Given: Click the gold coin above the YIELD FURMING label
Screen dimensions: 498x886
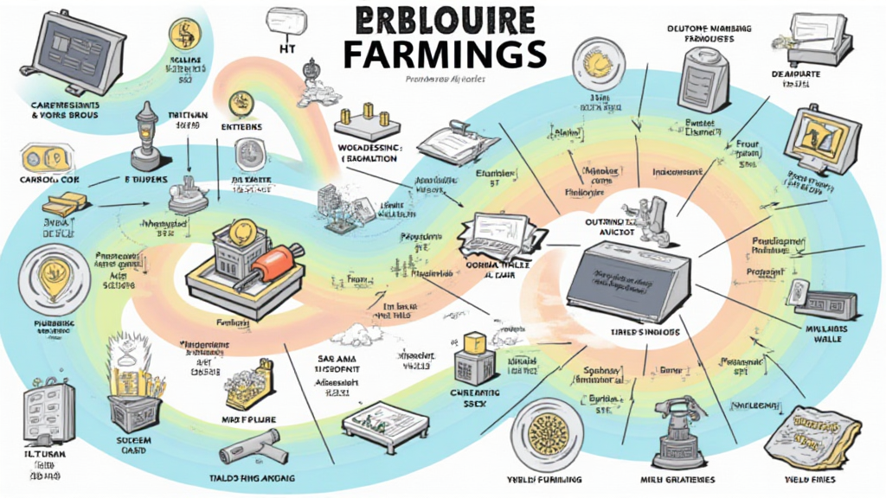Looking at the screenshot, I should [x=547, y=436].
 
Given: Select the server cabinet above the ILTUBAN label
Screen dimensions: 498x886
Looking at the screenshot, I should [x=48, y=414].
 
